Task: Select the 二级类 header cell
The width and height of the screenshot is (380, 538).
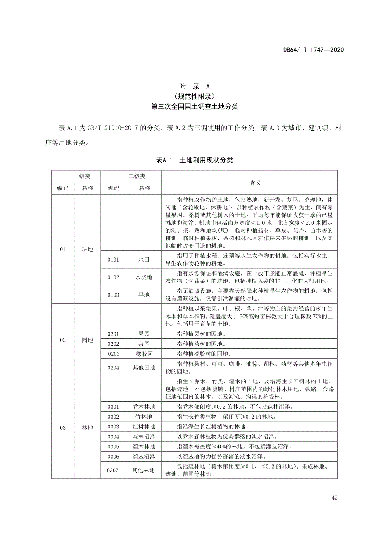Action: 131,176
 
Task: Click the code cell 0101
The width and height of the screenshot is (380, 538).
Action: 113,260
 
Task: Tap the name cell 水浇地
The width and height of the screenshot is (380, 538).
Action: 144,277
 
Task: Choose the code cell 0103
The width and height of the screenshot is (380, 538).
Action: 113,295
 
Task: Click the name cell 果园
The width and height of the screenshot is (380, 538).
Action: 144,334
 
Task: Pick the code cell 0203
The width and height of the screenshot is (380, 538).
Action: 113,354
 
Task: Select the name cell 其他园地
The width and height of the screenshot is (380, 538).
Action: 144,367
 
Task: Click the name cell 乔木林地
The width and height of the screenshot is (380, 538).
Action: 144,407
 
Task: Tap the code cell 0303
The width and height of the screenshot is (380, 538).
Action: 113,426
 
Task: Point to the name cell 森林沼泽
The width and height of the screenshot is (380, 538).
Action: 144,436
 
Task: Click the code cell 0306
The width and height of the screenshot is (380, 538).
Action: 113,456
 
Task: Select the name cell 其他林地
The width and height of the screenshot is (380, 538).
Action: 144,470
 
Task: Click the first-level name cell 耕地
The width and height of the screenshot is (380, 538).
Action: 88,249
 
